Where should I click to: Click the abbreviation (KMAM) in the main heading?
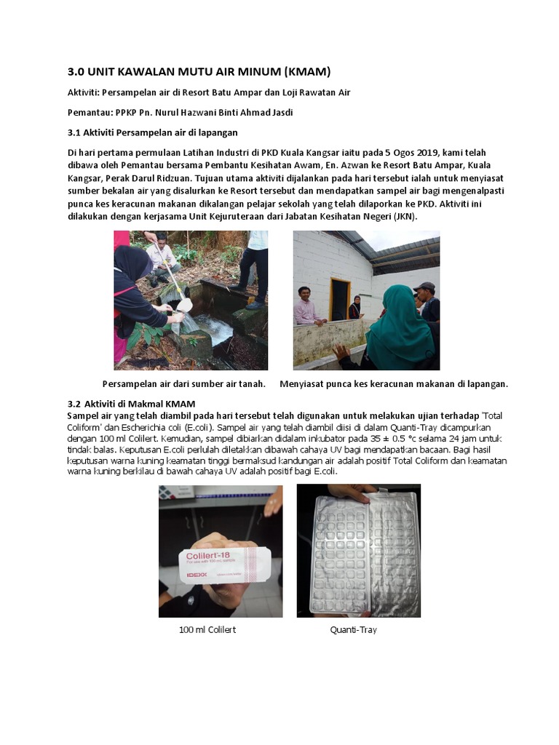[301, 71]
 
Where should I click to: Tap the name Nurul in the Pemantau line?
[182, 113]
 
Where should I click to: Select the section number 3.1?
[76, 132]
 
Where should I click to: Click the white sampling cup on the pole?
[185, 304]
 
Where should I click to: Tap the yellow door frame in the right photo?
[339, 298]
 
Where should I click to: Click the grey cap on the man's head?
[424, 287]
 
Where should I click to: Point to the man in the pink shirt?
[306, 308]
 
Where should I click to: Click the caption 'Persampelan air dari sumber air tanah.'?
[183, 383]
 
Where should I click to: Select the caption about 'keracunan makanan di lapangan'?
[394, 383]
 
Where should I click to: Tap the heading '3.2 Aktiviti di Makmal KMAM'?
[137, 404]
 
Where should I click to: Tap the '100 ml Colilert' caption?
[207, 629]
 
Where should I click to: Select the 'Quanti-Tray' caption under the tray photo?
[353, 629]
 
